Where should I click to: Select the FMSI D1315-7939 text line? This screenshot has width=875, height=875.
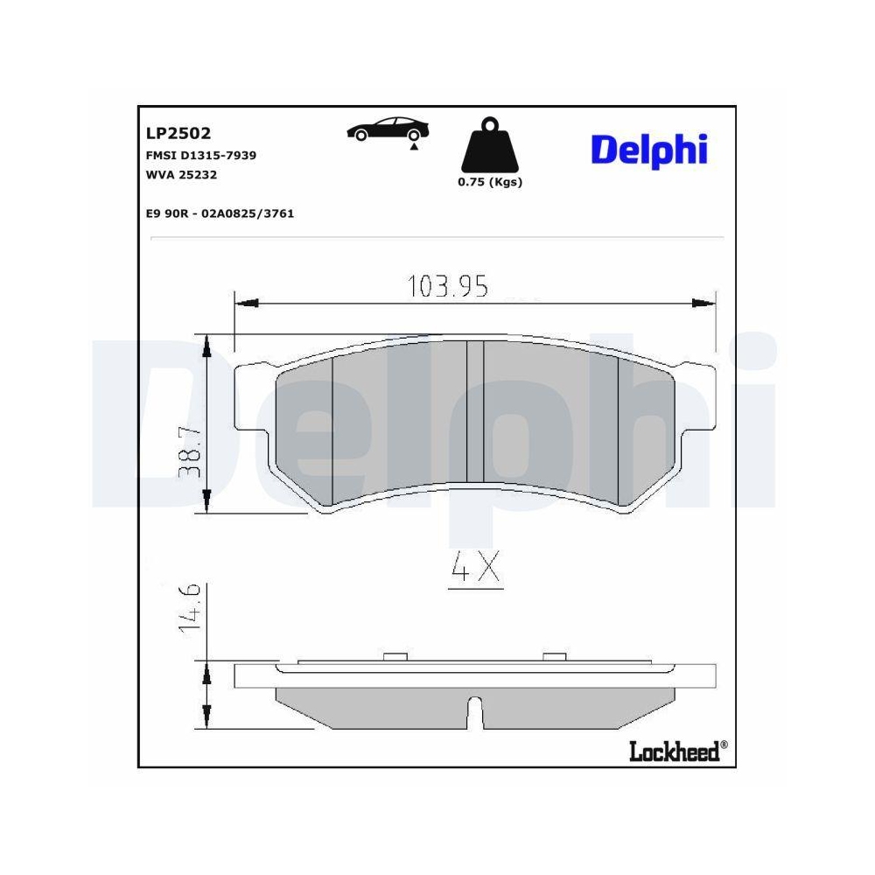(200, 155)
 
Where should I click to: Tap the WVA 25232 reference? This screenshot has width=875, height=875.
(180, 174)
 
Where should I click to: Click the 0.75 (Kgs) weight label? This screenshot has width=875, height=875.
(489, 182)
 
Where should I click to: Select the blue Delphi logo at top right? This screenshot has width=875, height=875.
(648, 149)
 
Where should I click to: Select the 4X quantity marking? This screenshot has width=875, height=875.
(474, 569)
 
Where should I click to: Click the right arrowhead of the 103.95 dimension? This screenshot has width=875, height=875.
(704, 304)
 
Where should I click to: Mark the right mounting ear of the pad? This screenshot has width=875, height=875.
(698, 398)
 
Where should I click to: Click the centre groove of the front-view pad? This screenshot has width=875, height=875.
(474, 411)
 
